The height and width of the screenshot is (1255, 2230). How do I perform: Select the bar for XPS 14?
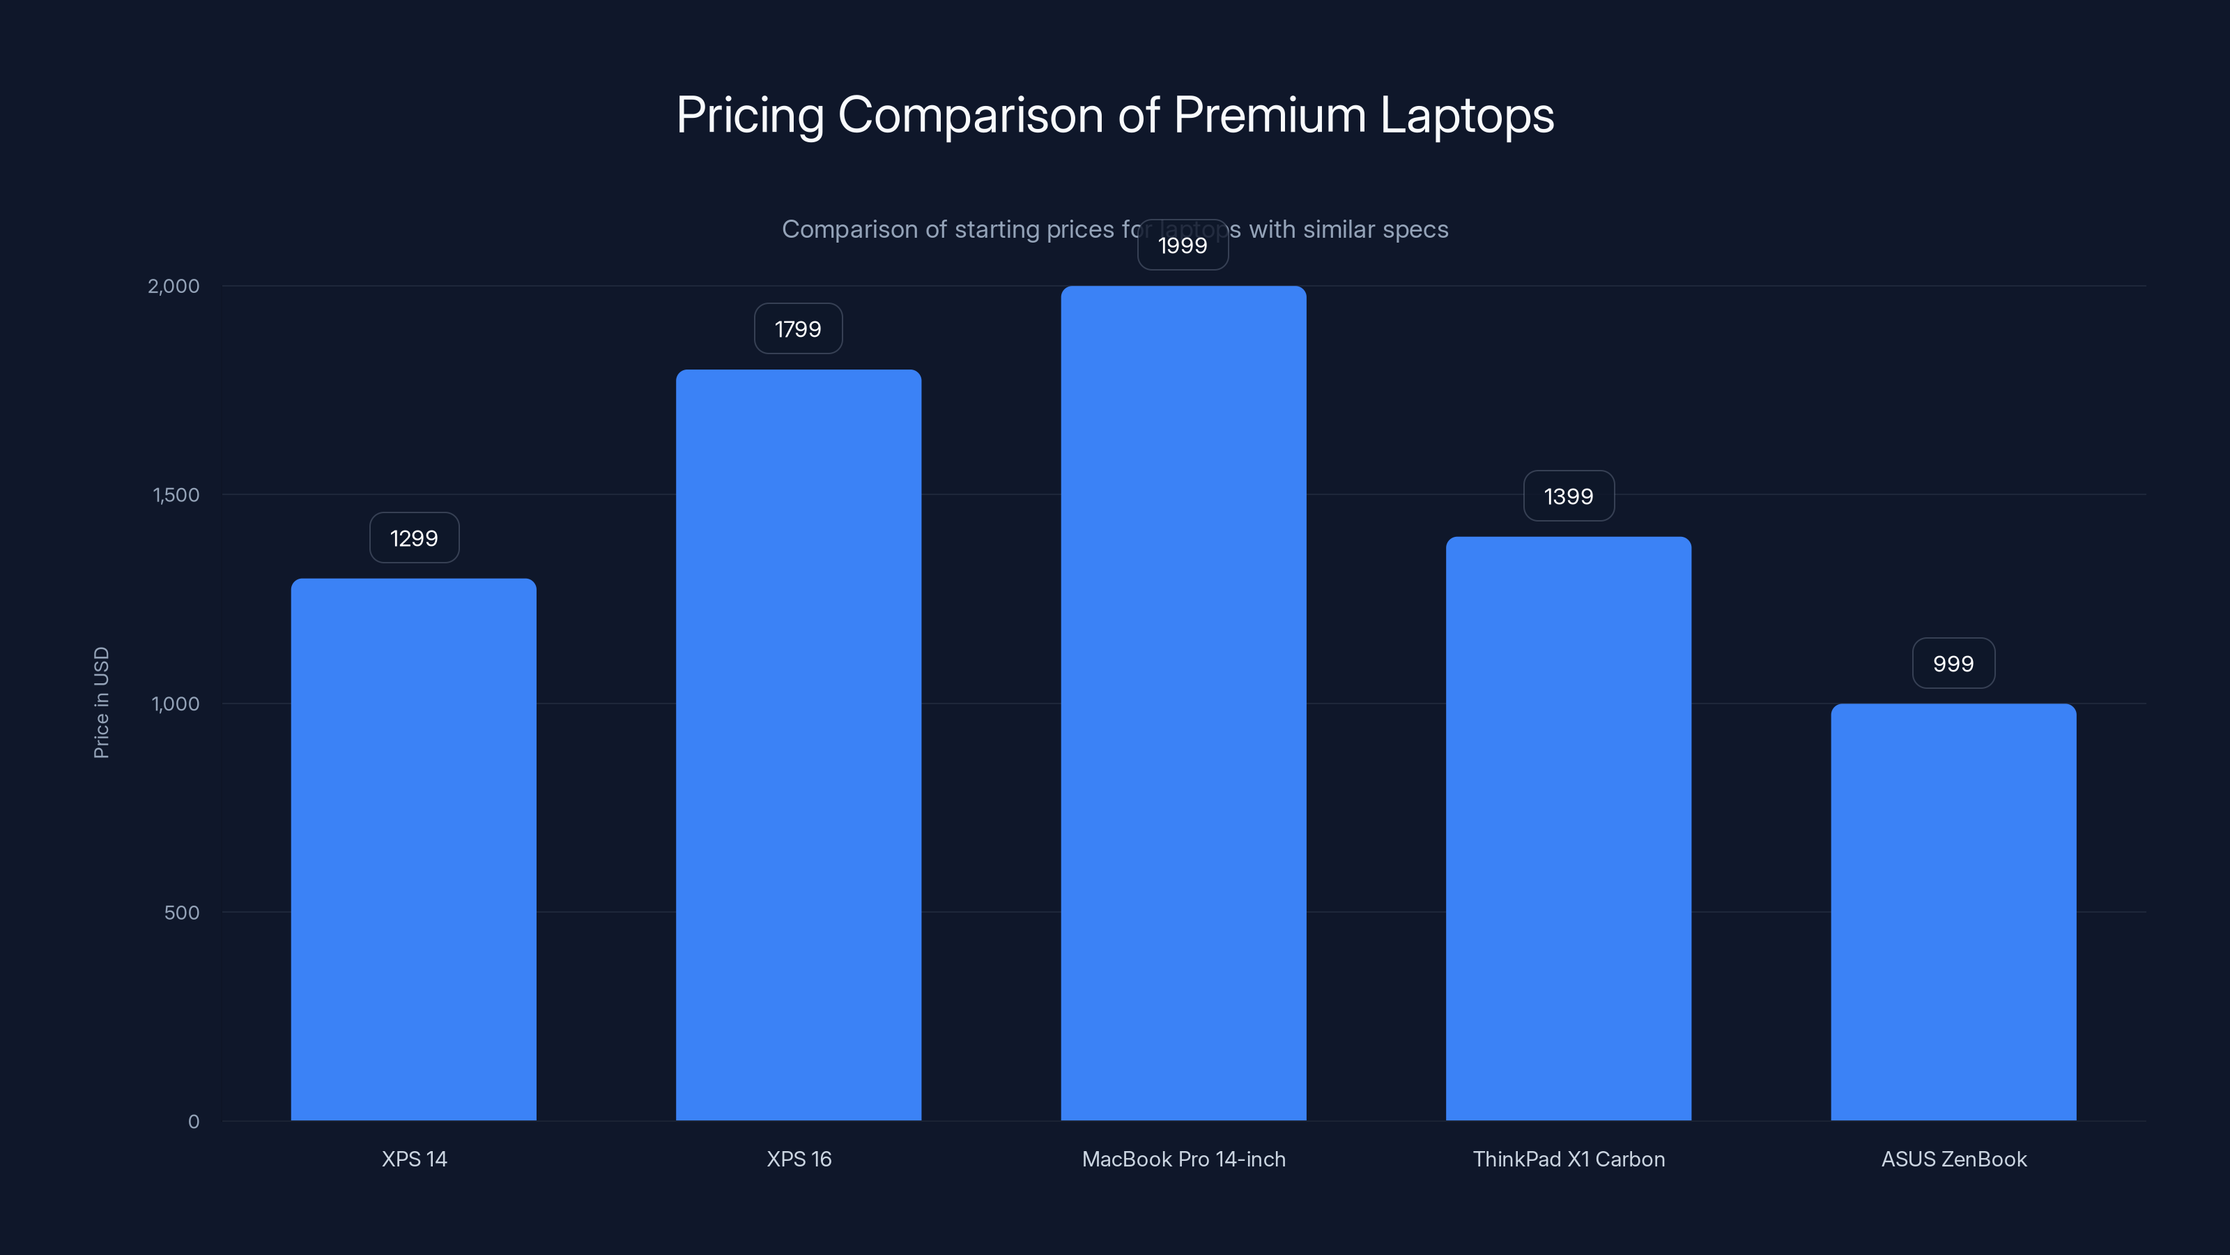(x=414, y=849)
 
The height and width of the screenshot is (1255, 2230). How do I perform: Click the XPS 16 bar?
(x=798, y=745)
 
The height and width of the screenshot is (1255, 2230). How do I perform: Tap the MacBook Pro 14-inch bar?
(x=1183, y=701)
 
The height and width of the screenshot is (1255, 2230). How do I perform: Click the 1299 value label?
(x=414, y=538)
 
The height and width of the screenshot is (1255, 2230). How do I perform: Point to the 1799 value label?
(x=797, y=329)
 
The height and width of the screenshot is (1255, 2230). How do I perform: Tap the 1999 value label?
(x=1183, y=245)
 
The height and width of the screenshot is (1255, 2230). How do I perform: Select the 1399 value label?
(x=1568, y=496)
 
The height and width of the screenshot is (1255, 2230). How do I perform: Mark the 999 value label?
(x=1953, y=664)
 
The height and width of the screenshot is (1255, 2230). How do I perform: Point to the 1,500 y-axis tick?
(x=176, y=494)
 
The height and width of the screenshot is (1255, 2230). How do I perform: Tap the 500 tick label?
(x=181, y=912)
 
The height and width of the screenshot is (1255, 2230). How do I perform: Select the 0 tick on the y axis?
(x=193, y=1122)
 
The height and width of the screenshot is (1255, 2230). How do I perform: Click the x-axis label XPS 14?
(x=414, y=1159)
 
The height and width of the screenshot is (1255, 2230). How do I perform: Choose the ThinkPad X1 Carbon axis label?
(x=1568, y=1159)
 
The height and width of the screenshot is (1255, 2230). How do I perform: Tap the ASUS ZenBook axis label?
(x=1953, y=1159)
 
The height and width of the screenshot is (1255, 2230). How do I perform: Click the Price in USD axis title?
(x=101, y=702)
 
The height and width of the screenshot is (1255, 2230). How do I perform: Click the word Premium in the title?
(x=1269, y=115)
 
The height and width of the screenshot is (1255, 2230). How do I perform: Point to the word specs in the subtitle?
(x=1415, y=229)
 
